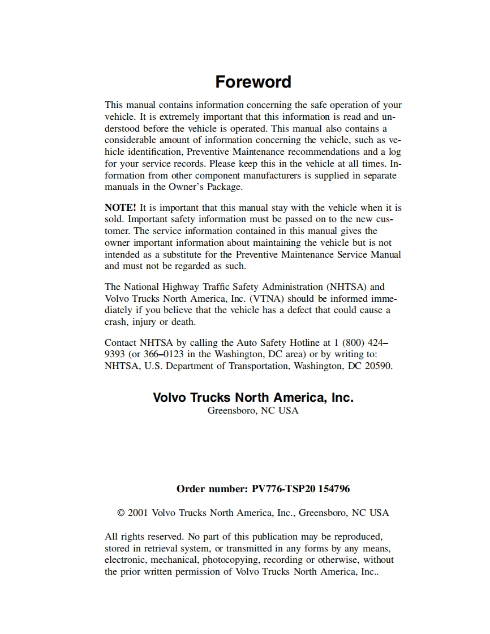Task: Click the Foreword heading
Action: click(x=253, y=82)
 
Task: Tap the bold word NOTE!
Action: click(x=121, y=207)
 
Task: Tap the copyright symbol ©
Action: click(x=121, y=513)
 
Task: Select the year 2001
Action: click(x=139, y=513)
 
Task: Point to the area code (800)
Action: click(x=354, y=342)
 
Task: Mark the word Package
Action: click(x=222, y=187)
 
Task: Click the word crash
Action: click(x=116, y=322)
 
